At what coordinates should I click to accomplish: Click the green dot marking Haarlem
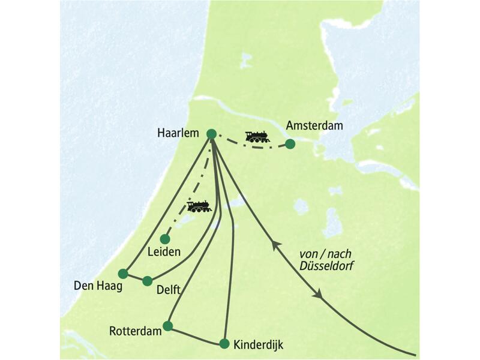pyautogui.click(x=211, y=134)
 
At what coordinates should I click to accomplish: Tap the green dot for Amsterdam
pyautogui.click(x=290, y=144)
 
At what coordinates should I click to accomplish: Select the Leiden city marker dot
pyautogui.click(x=165, y=239)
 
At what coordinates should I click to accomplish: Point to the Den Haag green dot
pyautogui.click(x=123, y=274)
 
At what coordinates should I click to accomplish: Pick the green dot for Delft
pyautogui.click(x=147, y=280)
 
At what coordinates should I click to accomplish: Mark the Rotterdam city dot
pyautogui.click(x=167, y=326)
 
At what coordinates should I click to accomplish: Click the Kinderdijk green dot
pyautogui.click(x=224, y=344)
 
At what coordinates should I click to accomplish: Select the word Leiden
pyautogui.click(x=164, y=252)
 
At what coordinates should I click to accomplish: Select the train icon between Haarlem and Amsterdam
pyautogui.click(x=257, y=137)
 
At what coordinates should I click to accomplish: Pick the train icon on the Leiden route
pyautogui.click(x=199, y=207)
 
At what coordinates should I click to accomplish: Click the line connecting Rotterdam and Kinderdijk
pyautogui.click(x=196, y=335)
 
